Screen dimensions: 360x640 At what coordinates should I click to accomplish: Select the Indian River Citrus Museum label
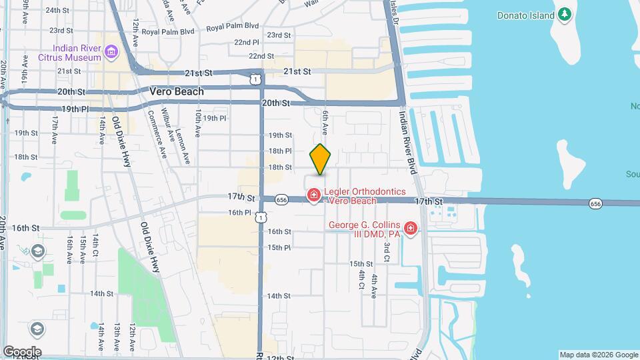pos(79,53)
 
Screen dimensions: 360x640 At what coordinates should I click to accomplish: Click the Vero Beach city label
pos(177,92)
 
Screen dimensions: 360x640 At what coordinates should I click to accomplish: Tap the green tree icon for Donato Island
pos(565,14)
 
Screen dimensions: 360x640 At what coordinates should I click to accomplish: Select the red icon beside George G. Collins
pos(411,230)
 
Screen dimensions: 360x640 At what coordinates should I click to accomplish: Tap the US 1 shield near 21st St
pos(255,79)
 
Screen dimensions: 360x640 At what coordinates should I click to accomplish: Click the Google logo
pos(22,352)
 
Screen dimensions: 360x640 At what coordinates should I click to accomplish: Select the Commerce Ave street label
pos(157,134)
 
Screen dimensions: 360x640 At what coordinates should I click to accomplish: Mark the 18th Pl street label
pos(280,151)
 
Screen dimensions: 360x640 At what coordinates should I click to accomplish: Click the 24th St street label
pos(58,11)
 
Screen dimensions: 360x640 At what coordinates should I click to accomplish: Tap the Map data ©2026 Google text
pos(599,355)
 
